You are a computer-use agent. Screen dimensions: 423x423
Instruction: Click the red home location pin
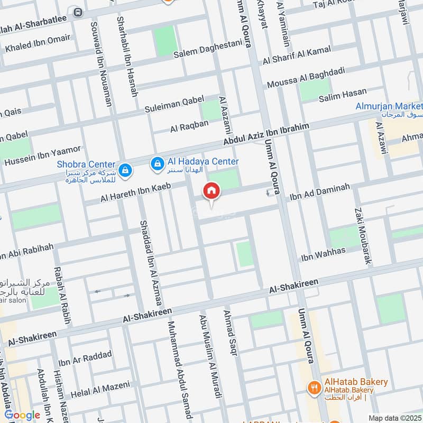pos(212,191)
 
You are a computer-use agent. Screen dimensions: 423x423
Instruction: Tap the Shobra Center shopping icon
pos(125,170)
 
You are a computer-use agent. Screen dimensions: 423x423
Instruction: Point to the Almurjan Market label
pos(389,106)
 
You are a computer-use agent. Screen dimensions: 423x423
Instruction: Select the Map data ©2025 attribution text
pos(394,418)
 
